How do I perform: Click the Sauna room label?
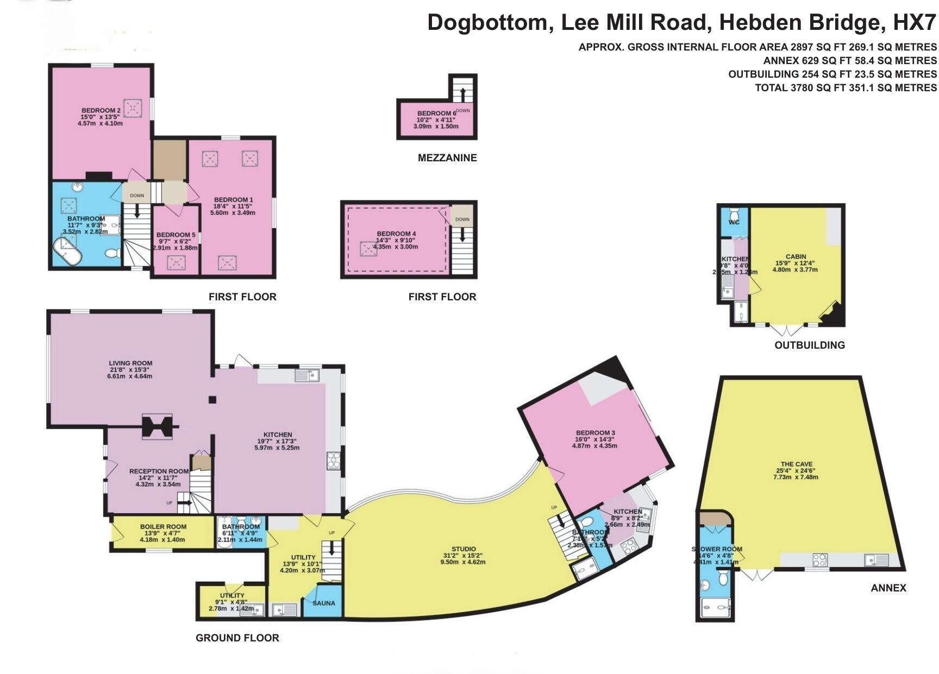tap(324, 603)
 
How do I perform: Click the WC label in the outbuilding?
tap(734, 222)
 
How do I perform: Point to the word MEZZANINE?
tap(447, 158)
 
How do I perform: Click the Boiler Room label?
tap(163, 526)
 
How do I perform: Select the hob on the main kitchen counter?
tap(333, 461)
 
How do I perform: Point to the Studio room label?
tap(464, 549)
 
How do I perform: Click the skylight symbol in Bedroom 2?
tap(132, 108)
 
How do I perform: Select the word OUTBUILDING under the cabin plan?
tap(809, 345)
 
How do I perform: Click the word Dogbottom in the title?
tap(487, 23)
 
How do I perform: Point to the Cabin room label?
tap(796, 256)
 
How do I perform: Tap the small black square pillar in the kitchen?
tap(212, 400)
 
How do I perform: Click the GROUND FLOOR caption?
tap(237, 638)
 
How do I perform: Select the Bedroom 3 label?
tap(594, 433)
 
